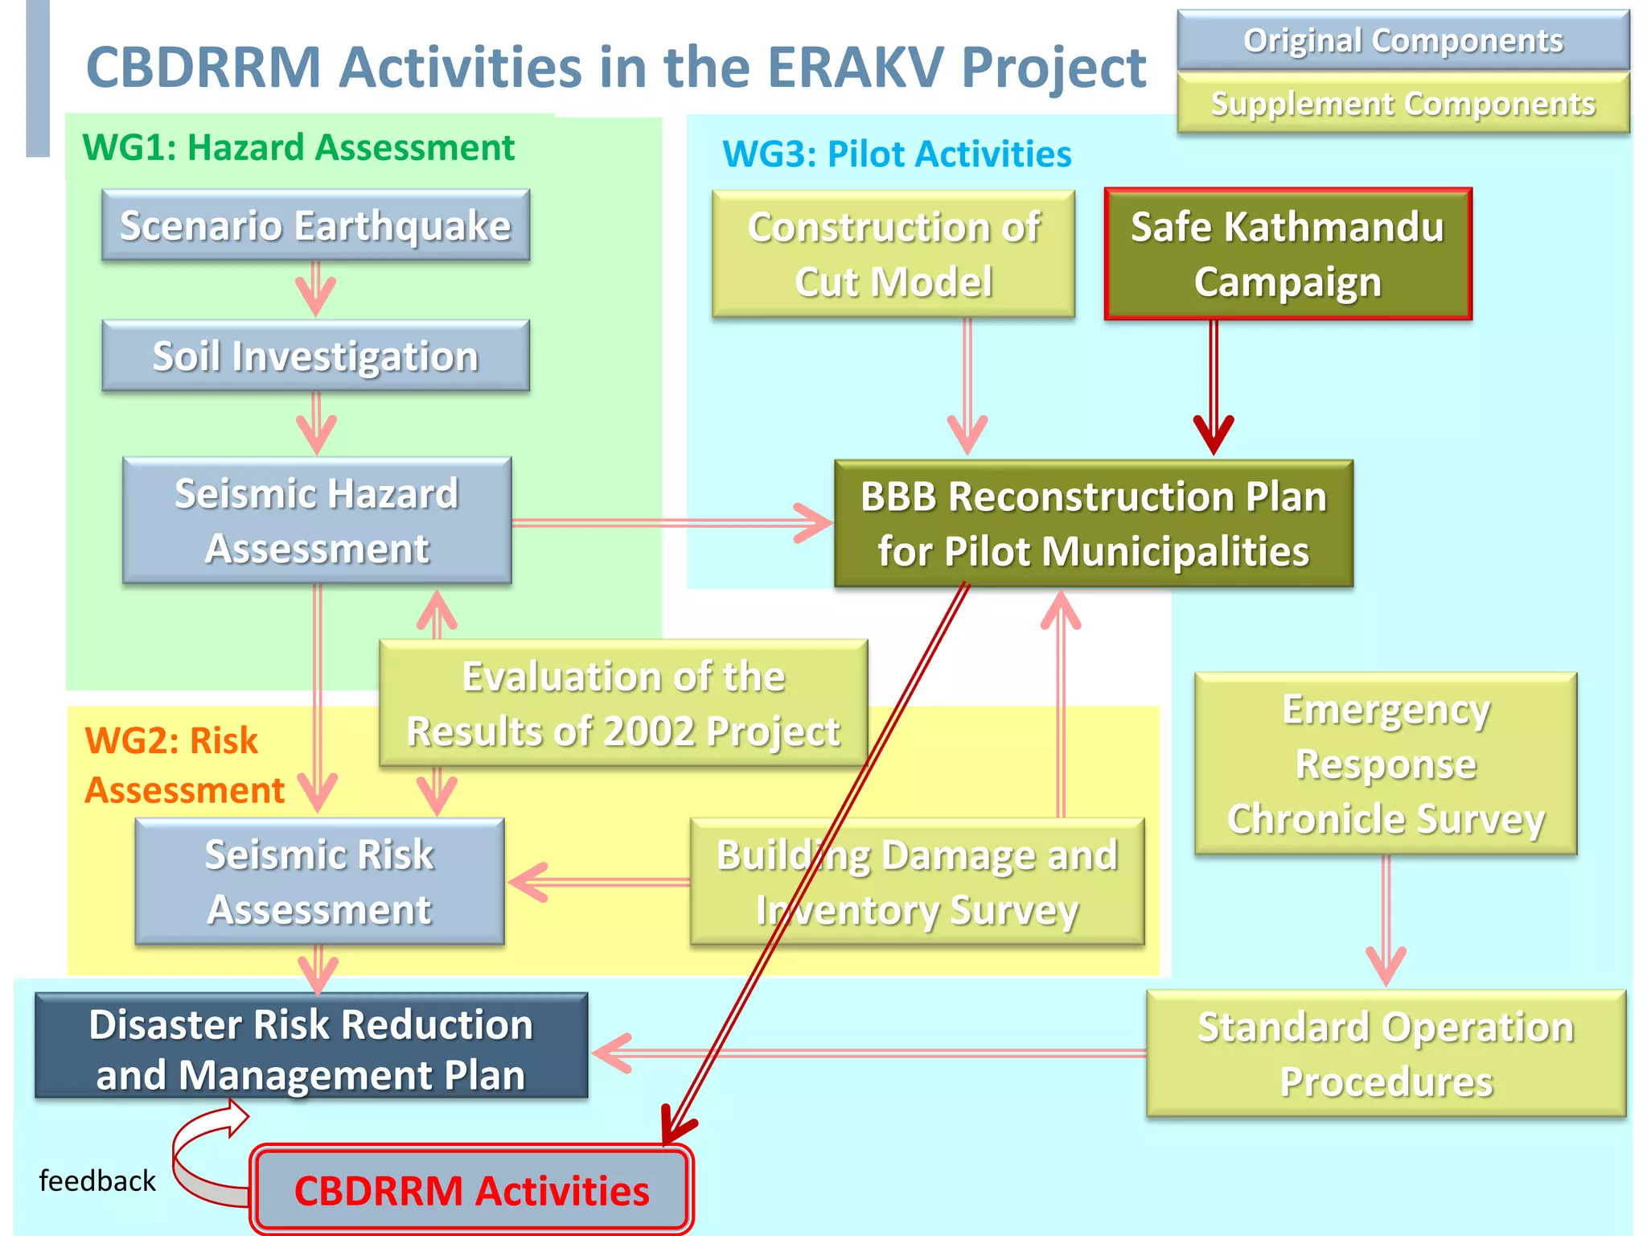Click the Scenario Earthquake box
315,225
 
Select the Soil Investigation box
315,356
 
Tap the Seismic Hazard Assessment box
317,521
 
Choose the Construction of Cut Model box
893,254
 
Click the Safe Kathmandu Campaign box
1288,254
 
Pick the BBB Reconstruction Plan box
1093,524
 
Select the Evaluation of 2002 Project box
623,702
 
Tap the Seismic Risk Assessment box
319,881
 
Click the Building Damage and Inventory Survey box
917,882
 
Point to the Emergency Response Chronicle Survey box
1386,764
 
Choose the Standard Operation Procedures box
1386,1053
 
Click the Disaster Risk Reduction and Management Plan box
311,1046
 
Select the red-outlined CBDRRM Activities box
471,1190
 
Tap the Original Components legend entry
1403,40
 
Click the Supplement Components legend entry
1403,103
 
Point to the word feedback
97,1181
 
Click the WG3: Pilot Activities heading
897,154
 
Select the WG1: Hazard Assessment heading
298,147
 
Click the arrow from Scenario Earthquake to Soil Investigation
315,289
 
